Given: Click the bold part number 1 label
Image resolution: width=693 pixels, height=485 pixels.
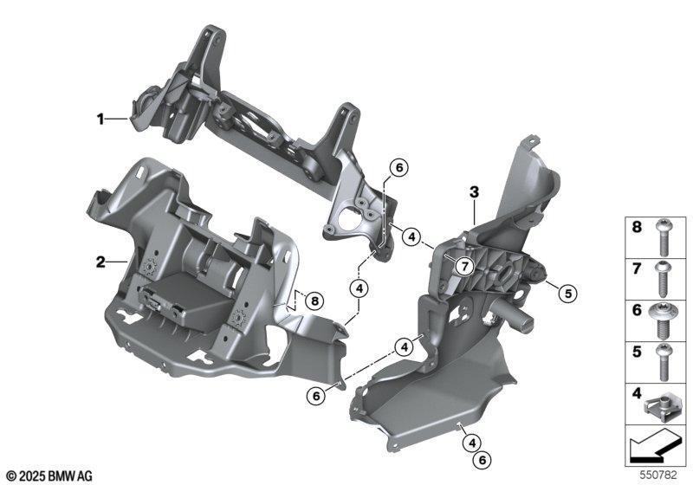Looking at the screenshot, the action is [x=100, y=119].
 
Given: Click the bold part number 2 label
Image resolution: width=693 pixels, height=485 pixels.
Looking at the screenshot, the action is [x=100, y=262].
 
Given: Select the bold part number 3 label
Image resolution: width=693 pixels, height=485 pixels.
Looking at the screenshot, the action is [x=474, y=192].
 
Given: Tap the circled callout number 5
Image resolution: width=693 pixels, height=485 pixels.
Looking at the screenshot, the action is [x=568, y=293].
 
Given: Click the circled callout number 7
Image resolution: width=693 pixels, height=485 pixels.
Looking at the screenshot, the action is [x=464, y=266].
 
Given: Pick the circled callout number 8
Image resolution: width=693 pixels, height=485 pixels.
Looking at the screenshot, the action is [x=314, y=301].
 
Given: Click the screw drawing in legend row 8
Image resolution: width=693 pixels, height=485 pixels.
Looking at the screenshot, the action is [x=663, y=237].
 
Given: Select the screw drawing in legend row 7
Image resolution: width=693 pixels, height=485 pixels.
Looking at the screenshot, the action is [x=663, y=279].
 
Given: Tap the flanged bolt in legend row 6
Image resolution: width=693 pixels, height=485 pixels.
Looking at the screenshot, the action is [x=663, y=321].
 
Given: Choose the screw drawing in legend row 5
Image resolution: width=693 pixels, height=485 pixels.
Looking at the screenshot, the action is [x=663, y=363].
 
